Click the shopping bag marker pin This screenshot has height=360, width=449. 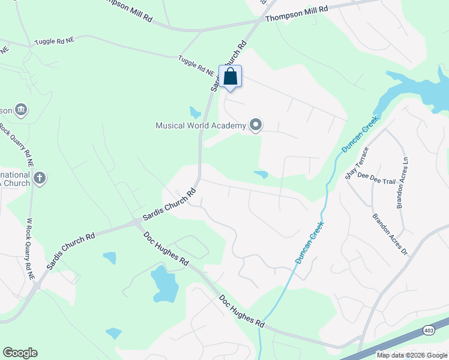[231, 77]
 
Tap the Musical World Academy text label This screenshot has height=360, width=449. [200, 125]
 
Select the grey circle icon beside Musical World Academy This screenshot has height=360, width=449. [256, 125]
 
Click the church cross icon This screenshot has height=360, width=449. [39, 178]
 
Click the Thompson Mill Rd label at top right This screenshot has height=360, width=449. [297, 14]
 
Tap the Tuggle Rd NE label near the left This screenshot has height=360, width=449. [54, 40]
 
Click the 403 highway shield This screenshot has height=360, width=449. [429, 329]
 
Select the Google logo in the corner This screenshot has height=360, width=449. [20, 353]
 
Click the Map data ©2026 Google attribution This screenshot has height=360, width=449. [412, 355]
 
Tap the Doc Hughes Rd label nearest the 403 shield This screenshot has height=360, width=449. [242, 310]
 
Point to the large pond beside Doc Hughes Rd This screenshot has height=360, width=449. [163, 283]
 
